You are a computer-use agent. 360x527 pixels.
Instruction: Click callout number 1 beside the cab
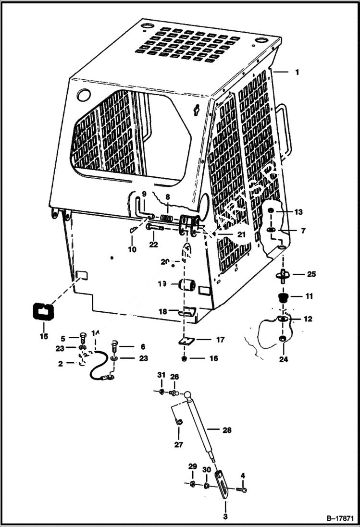click(x=297, y=72)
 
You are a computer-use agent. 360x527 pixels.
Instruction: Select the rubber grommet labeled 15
click(x=43, y=311)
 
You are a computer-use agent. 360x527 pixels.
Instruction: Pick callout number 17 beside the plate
click(x=220, y=340)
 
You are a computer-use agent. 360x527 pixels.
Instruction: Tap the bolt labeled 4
click(x=241, y=490)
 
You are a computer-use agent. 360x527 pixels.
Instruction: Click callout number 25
click(x=311, y=274)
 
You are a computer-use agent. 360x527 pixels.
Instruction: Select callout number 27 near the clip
click(x=178, y=445)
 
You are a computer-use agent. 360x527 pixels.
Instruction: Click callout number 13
click(x=298, y=212)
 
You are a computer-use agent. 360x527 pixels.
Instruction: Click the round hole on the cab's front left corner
click(x=83, y=95)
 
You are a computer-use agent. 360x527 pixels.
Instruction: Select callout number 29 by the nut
click(x=192, y=467)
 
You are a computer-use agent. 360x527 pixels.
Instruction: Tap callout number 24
click(x=284, y=359)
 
